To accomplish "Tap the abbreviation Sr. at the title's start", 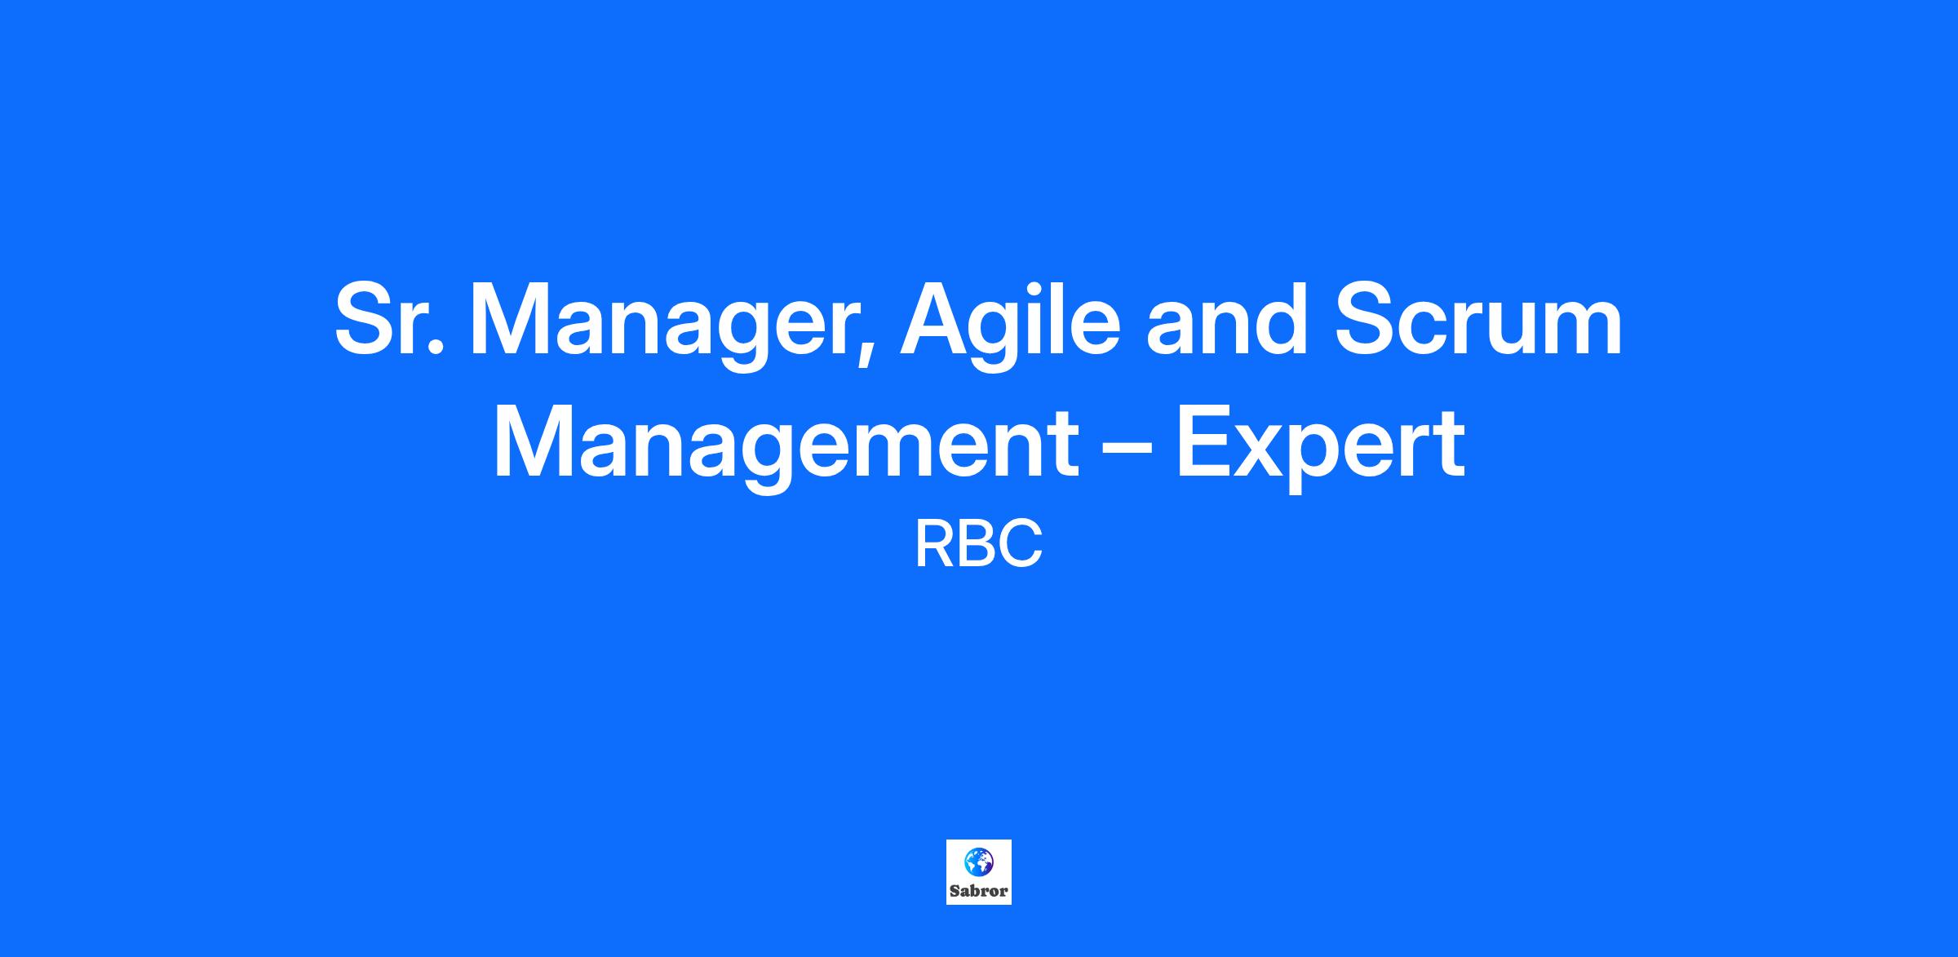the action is (390, 320).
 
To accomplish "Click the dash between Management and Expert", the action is (1127, 452).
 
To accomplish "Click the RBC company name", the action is (979, 545).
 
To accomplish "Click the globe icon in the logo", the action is (978, 860).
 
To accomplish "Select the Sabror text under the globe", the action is (979, 891).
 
